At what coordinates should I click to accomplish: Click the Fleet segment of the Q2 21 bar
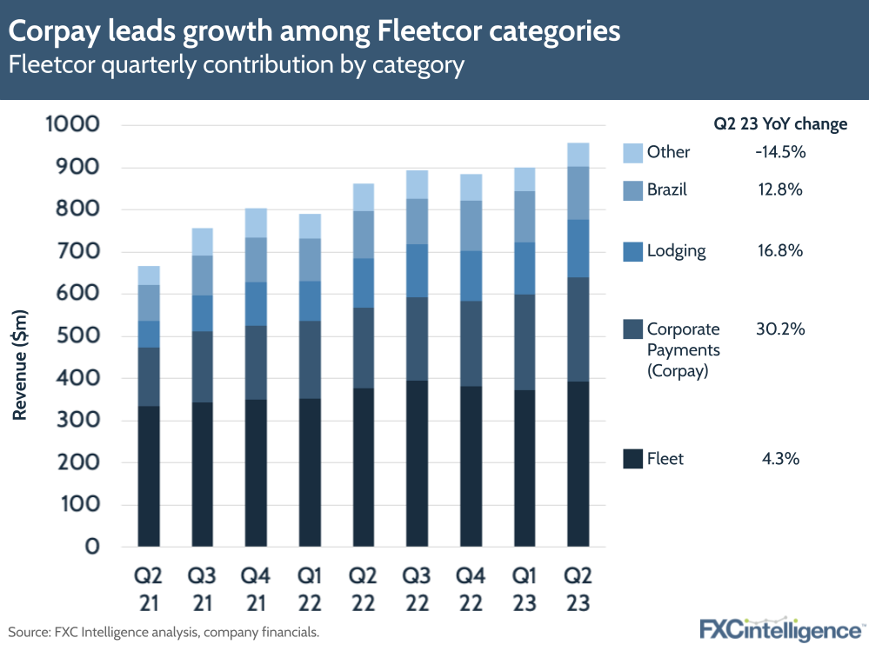pos(148,476)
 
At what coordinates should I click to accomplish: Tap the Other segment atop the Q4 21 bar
pos(256,223)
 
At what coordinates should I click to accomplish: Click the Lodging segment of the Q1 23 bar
pos(525,268)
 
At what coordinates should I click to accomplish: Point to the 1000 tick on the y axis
pos(72,125)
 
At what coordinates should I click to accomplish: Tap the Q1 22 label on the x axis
pos(309,588)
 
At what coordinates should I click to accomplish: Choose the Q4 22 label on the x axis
pos(471,588)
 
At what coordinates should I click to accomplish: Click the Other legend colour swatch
pos(632,152)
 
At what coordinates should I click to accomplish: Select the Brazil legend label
pos(666,189)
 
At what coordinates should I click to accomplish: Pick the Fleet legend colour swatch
pos(632,459)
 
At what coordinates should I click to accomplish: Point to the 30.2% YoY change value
pos(780,329)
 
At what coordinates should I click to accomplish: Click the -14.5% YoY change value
pos(780,152)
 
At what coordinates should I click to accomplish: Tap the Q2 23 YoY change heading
pos(780,124)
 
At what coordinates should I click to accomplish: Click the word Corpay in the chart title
pos(56,32)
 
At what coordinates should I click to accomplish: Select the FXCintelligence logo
pos(779,628)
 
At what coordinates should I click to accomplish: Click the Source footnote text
pos(164,632)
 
